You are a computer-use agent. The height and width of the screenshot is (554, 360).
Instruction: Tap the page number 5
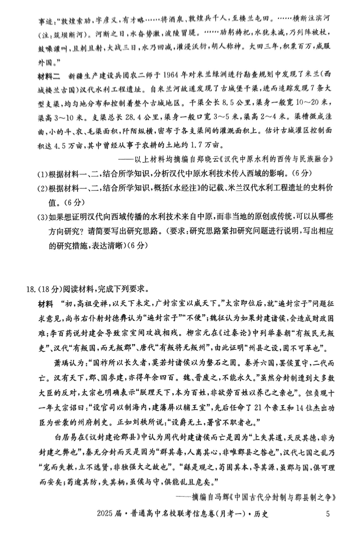pos(328,514)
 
